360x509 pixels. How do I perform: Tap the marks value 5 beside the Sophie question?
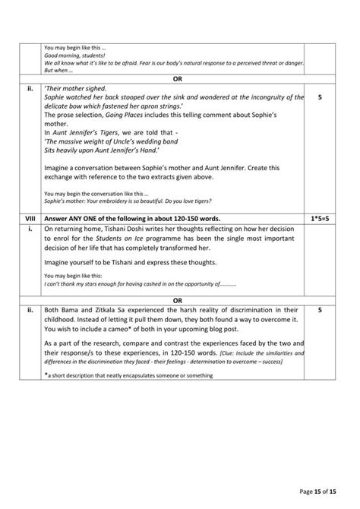pos(319,97)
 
